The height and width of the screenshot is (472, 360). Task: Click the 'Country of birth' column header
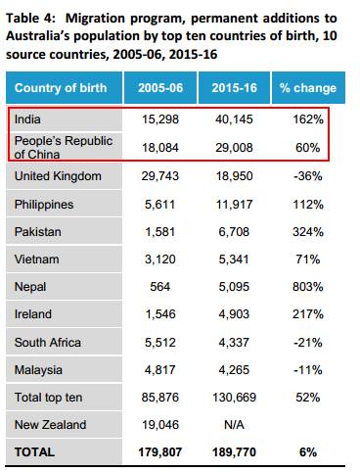61,88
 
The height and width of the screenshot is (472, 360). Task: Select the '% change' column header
308,88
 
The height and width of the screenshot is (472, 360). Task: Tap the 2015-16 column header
234,88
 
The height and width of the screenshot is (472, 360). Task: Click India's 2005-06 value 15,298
160,119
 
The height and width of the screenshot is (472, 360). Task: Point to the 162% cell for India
308,119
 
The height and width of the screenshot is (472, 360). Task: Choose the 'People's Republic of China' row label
64,148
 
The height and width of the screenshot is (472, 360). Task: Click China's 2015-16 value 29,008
234,148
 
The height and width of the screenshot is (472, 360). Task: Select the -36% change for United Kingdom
308,176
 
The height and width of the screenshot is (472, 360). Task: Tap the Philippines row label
44,205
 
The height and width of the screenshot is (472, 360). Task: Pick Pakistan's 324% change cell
308,232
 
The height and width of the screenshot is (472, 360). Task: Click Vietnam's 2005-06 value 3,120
160,260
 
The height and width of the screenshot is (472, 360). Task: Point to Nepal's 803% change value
308,287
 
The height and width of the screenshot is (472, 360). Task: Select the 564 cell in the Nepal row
160,287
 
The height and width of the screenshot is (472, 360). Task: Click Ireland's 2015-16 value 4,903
234,314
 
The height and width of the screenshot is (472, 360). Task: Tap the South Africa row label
48,343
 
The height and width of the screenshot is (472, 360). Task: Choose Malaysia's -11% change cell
308,370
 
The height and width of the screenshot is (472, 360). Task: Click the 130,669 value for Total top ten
234,398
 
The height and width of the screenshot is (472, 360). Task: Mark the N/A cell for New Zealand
234,425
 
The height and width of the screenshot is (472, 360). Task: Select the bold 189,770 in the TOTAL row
234,452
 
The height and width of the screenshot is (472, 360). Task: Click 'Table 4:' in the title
31,19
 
